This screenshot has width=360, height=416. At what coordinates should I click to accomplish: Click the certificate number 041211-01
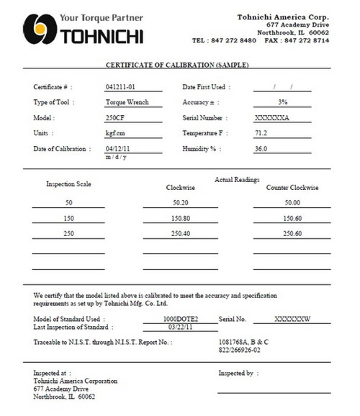(x=120, y=86)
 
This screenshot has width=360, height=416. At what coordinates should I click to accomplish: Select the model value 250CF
(x=115, y=117)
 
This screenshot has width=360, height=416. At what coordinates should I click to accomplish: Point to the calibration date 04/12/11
(x=117, y=149)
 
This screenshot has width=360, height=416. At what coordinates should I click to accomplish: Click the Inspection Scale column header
(x=68, y=184)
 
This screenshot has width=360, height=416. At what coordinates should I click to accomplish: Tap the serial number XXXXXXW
(x=292, y=318)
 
